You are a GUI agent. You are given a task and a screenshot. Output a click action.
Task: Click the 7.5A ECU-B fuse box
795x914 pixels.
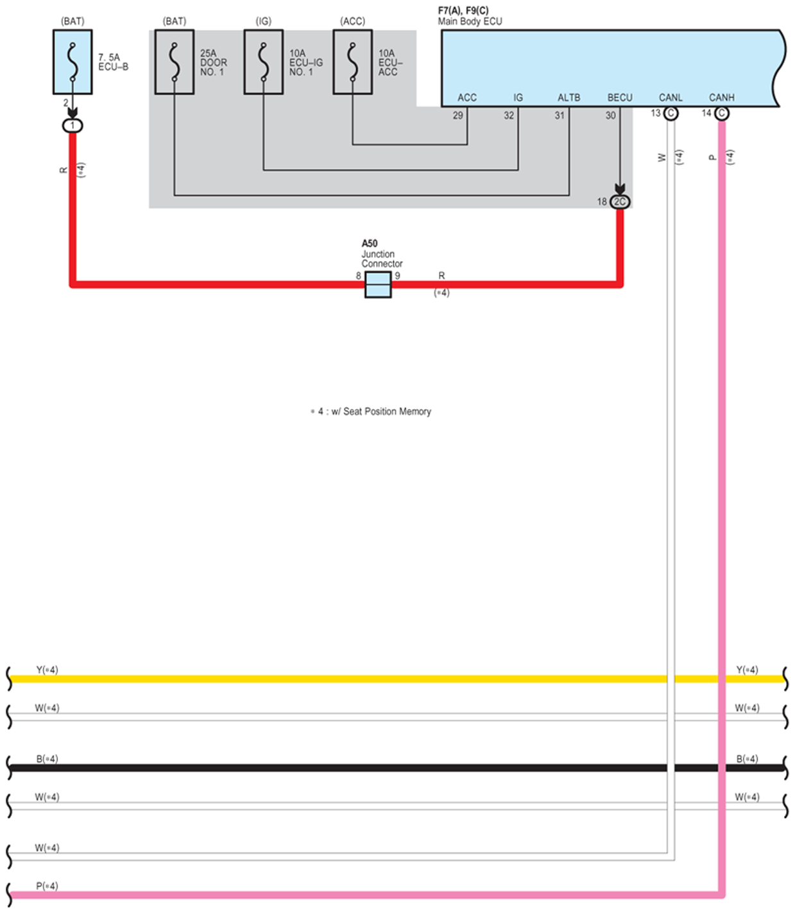(x=73, y=62)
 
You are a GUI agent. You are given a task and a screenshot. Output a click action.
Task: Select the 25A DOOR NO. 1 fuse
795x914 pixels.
(x=174, y=62)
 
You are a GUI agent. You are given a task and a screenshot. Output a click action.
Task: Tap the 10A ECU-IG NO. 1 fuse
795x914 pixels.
(x=263, y=62)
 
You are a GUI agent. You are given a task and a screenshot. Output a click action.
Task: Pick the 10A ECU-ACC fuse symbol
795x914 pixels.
(x=352, y=62)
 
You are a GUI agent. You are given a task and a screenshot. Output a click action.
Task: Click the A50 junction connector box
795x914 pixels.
(x=378, y=284)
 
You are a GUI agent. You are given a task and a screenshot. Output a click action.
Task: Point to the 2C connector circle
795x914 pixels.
(x=620, y=201)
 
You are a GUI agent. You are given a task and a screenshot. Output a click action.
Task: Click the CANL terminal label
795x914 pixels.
(x=671, y=97)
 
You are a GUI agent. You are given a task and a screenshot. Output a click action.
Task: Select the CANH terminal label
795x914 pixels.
(x=721, y=97)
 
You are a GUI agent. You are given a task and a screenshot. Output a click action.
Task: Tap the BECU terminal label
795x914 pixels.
(x=620, y=97)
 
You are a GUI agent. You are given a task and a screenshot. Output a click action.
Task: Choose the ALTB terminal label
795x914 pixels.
(x=568, y=97)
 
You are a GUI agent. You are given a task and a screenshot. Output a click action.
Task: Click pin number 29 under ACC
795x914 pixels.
(x=457, y=115)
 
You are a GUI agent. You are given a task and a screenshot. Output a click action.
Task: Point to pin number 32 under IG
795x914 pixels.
(x=509, y=115)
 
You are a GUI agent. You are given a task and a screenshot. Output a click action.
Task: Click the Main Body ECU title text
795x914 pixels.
(x=470, y=21)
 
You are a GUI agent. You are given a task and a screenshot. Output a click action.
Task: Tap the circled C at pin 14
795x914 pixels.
(x=722, y=114)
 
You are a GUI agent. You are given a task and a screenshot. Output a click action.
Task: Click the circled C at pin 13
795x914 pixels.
(x=671, y=114)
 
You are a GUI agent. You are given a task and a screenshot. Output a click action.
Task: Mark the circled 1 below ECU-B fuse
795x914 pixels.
(x=73, y=125)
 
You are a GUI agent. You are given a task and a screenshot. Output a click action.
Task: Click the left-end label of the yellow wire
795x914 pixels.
(x=47, y=670)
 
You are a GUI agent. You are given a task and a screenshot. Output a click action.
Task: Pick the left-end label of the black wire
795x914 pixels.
(x=47, y=759)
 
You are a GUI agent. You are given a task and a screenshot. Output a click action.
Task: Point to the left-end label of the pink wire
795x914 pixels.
(x=47, y=886)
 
